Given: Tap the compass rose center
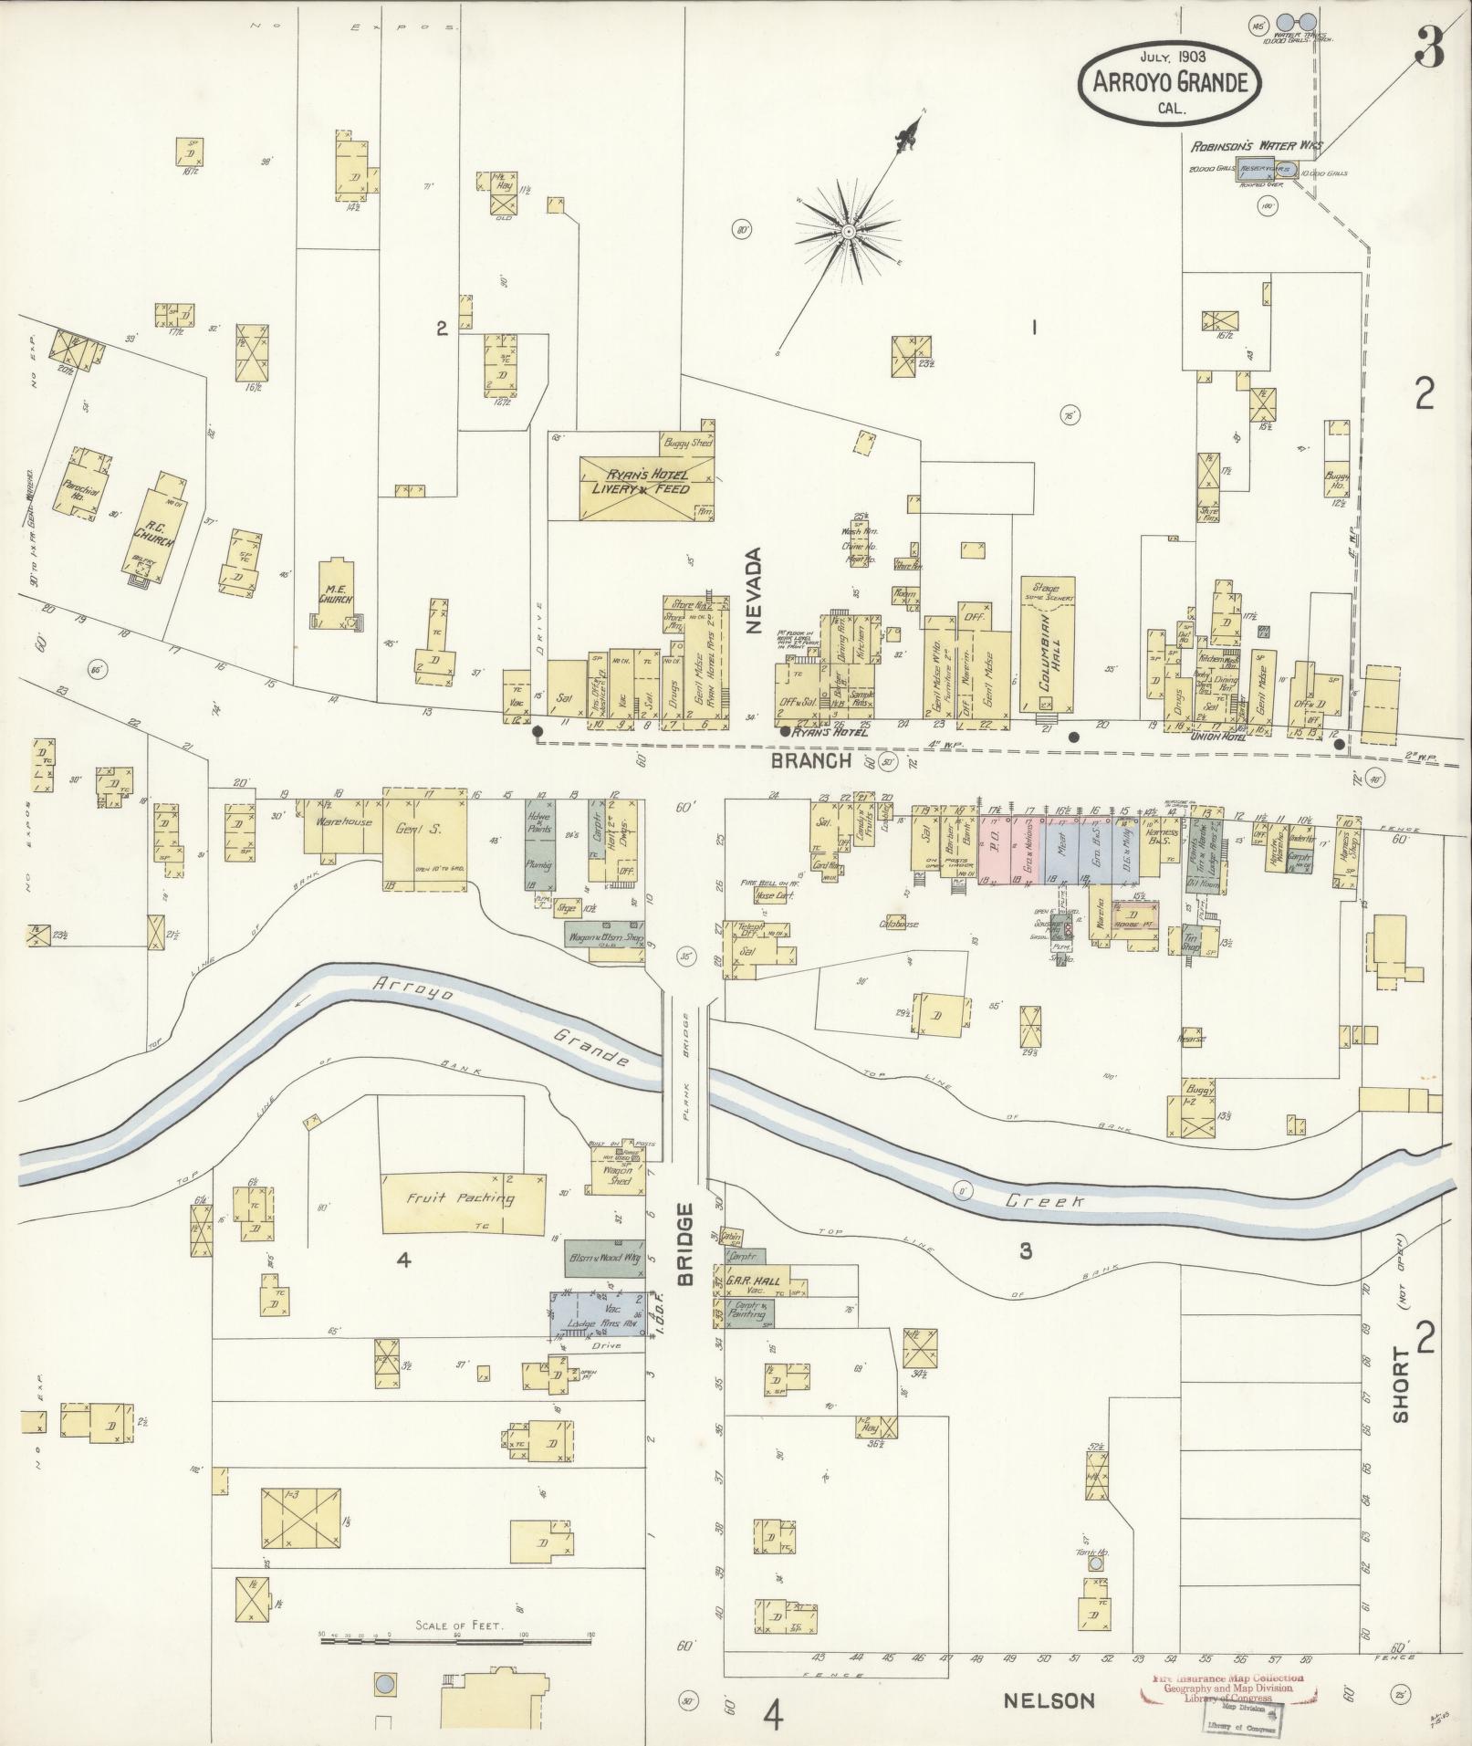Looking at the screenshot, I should coord(849,232).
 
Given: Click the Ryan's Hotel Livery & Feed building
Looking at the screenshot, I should coord(647,488).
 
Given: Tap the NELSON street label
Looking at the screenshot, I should coord(1049,1700).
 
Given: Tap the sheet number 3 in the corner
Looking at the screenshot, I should coord(1428,47).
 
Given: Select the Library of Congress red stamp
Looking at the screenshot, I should coord(1227,1690).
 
